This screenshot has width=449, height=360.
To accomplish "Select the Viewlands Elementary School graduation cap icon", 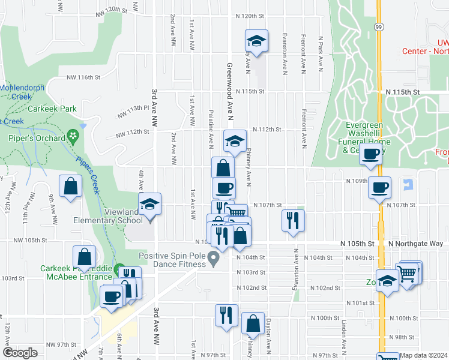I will point(150,204).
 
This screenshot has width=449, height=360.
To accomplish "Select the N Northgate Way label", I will point(415,244).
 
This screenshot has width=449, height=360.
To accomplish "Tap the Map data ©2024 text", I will point(424,355).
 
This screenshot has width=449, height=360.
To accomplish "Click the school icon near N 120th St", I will point(256,41).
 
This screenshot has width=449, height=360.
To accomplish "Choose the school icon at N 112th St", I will point(235,141).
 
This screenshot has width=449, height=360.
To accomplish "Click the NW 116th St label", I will point(82,77).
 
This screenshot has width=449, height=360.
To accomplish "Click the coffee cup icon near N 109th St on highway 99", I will point(379,188).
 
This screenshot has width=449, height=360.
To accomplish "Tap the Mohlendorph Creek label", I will point(23,91).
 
